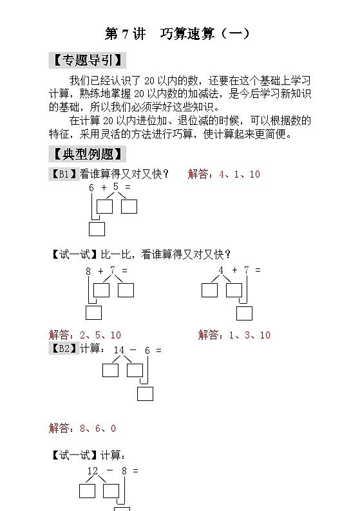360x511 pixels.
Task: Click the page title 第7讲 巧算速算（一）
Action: click(176, 33)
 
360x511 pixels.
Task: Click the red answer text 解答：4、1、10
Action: click(224, 174)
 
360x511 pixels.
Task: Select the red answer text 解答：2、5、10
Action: click(85, 335)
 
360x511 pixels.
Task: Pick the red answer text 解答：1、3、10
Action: click(234, 335)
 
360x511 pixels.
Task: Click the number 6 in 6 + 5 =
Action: click(91, 187)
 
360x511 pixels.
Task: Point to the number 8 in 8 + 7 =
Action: click(88, 271)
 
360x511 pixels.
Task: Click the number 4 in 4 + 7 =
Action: click(221, 270)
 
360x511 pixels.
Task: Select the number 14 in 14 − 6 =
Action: click(119, 350)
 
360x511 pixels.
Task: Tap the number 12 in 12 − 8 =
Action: click(93, 470)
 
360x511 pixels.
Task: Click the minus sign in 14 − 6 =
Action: click(133, 350)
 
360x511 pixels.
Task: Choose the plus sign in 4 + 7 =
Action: click(234, 270)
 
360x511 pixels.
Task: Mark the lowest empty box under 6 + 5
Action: click(97, 228)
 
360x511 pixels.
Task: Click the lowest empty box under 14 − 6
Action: click(145, 393)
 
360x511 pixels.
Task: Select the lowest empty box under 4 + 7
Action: click(244, 313)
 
